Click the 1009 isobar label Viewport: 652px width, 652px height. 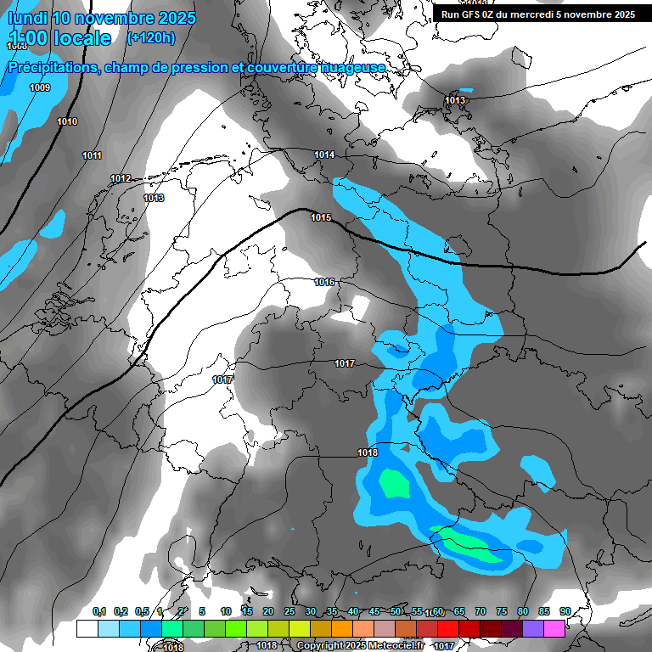click(x=40, y=87)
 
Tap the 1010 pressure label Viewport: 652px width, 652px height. click(x=67, y=121)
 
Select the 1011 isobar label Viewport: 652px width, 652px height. click(x=93, y=155)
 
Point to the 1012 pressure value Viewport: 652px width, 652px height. click(x=121, y=178)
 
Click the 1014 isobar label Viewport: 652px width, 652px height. click(x=324, y=155)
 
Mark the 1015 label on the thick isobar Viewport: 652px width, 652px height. click(x=321, y=217)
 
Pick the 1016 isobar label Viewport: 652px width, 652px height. click(x=324, y=282)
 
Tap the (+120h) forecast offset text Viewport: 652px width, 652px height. click(x=150, y=37)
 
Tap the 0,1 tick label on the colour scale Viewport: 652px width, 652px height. click(x=99, y=611)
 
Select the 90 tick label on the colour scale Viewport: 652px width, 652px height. click(x=565, y=611)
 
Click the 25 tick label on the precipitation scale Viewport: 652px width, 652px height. click(x=289, y=611)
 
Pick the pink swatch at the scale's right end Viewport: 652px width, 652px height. click(x=554, y=628)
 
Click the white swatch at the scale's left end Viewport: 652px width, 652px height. click(x=87, y=628)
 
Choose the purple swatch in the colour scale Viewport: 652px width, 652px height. click(x=533, y=628)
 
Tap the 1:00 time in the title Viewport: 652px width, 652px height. click(x=31, y=38)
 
